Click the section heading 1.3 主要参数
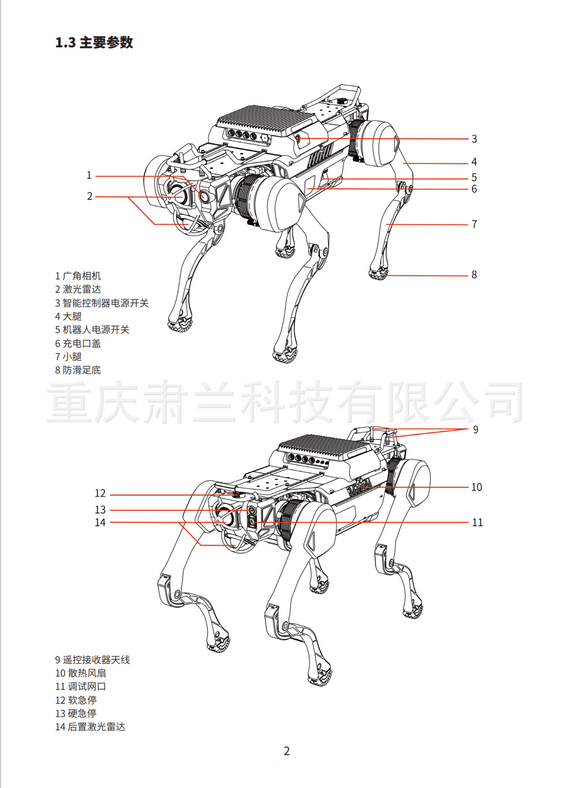pyautogui.click(x=94, y=43)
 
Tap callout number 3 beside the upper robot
pyautogui.click(x=474, y=139)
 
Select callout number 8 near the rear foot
pyautogui.click(x=474, y=275)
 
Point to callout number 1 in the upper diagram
pyautogui.click(x=89, y=175)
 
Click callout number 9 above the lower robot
pyautogui.click(x=476, y=430)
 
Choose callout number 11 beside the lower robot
pyautogui.click(x=477, y=522)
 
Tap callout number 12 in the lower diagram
pyautogui.click(x=100, y=494)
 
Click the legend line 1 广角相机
pyautogui.click(x=78, y=276)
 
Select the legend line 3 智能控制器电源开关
pyautogui.click(x=102, y=303)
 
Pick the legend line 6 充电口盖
pyautogui.click(x=78, y=343)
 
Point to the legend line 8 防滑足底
pyautogui.click(x=78, y=370)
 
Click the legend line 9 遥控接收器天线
pyautogui.click(x=92, y=660)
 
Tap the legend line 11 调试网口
pyautogui.click(x=80, y=686)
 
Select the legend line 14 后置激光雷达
pyautogui.click(x=90, y=727)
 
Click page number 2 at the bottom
pyautogui.click(x=286, y=751)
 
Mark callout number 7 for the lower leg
pyautogui.click(x=474, y=224)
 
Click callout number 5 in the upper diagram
pyautogui.click(x=474, y=178)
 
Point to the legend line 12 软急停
pyautogui.click(x=76, y=700)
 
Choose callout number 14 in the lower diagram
pyautogui.click(x=100, y=522)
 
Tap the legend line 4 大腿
pyautogui.click(x=68, y=316)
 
